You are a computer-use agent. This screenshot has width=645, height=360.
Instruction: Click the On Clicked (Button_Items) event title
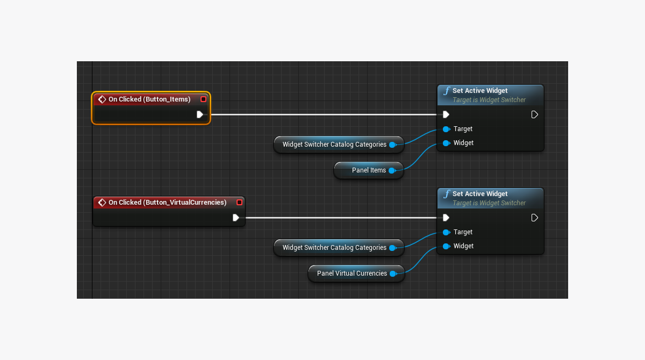(x=149, y=99)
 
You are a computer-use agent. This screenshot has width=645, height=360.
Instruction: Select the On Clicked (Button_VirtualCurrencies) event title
(x=167, y=203)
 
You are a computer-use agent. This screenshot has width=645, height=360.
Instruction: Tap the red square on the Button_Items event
(x=203, y=99)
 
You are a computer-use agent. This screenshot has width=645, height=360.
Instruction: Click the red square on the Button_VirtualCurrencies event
(x=239, y=203)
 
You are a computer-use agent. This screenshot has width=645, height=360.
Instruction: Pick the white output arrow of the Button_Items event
(x=200, y=114)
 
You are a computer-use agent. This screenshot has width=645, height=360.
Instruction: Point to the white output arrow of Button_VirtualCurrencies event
(x=236, y=218)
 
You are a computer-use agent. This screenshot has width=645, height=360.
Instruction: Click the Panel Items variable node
(x=368, y=170)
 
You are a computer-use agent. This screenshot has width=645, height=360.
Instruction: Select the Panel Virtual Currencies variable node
(x=352, y=273)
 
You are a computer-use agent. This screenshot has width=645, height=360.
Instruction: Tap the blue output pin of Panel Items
(x=392, y=170)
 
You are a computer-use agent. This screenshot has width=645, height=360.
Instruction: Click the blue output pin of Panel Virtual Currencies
(x=393, y=273)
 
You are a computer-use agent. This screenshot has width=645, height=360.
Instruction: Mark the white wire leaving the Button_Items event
(x=322, y=114)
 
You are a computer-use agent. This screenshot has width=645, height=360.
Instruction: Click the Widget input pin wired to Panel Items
(x=446, y=143)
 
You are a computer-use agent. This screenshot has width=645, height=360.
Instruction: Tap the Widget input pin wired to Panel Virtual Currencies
(x=446, y=246)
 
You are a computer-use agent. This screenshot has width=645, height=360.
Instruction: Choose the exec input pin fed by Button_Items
(x=446, y=114)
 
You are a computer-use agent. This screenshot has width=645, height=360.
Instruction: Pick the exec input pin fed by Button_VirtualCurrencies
(x=446, y=218)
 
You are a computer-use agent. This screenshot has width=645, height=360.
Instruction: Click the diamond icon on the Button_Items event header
(x=102, y=99)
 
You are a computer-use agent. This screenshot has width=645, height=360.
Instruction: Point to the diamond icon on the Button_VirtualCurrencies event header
(x=102, y=203)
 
